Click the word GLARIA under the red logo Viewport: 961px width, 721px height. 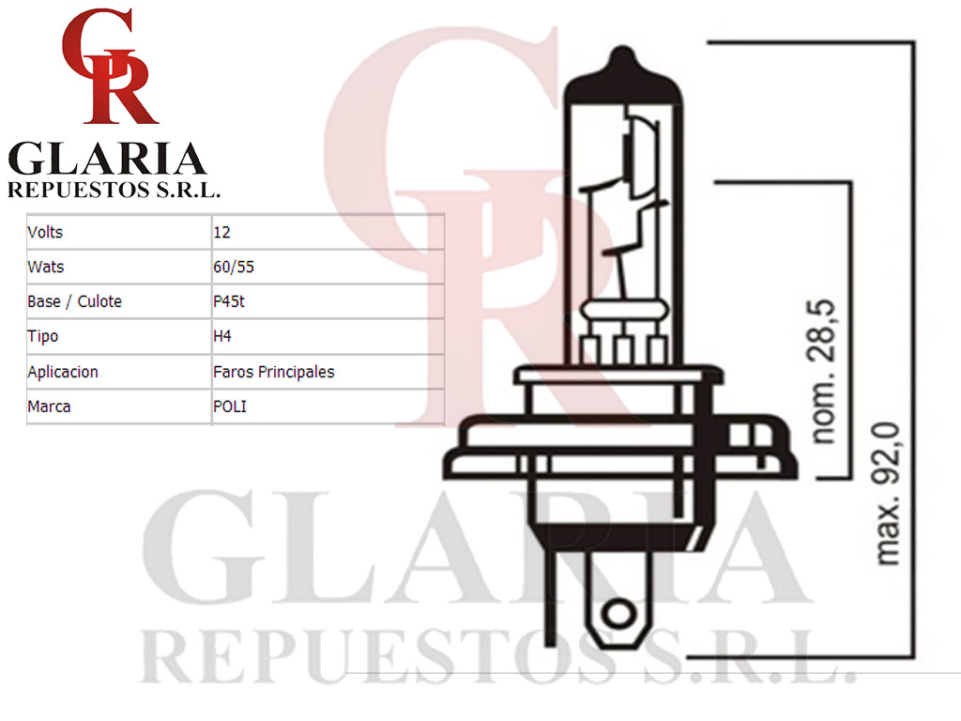point(107,159)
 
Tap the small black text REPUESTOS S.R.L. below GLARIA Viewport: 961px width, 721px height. point(114,190)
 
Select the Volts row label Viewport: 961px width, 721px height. point(45,233)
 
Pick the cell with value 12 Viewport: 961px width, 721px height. point(221,233)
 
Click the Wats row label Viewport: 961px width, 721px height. point(46,267)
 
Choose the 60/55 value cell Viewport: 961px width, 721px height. point(234,267)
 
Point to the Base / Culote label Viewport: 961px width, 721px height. point(75,301)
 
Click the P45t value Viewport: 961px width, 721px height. point(229,301)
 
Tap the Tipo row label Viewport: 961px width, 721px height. point(43,337)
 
